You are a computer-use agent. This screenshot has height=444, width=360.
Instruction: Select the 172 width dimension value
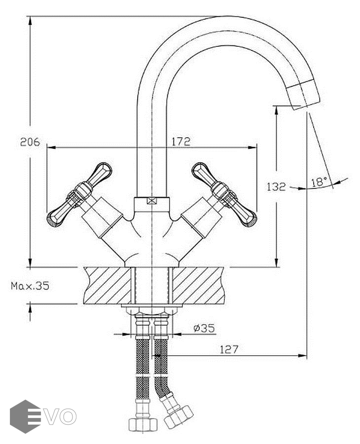pos(180,141)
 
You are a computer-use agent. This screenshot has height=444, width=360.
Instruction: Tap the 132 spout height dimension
pos(276,187)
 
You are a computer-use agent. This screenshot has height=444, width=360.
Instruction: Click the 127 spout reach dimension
pos(229,350)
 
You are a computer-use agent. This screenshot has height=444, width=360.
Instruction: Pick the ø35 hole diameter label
pos(204,328)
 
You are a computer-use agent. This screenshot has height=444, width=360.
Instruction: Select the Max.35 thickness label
pos(30,286)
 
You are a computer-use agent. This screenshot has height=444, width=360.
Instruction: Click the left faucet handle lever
pos(79,193)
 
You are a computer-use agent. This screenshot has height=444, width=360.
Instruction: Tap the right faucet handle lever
pos(224,193)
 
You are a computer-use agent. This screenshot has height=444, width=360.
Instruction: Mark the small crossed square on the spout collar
pos(152,201)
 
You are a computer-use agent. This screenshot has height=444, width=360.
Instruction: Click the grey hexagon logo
pos(25,416)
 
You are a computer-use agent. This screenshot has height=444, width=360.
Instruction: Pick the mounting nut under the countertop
pos(152,310)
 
